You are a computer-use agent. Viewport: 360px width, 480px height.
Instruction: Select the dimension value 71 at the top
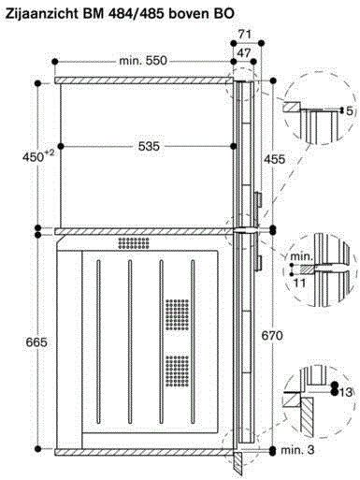point(246,34)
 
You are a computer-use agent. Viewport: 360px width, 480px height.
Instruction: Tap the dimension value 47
point(246,52)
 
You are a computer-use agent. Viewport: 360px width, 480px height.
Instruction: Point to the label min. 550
point(143,61)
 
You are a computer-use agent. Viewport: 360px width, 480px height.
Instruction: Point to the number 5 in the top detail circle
point(349,111)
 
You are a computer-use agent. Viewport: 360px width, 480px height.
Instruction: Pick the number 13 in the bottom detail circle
point(347,392)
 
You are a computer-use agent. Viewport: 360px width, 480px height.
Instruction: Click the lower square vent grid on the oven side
point(176,373)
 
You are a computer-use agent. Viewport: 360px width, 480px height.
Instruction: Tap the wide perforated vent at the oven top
point(134,242)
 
